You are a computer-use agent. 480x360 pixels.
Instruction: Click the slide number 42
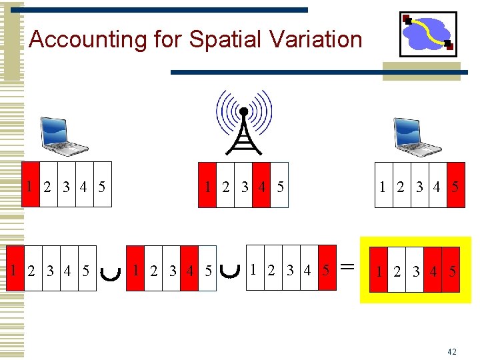pyautogui.click(x=452, y=351)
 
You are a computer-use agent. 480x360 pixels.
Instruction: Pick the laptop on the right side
pyautogui.click(x=415, y=136)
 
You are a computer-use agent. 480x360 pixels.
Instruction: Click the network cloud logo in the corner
pyautogui.click(x=428, y=34)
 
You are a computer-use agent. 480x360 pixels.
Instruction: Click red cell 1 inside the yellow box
pyautogui.click(x=379, y=271)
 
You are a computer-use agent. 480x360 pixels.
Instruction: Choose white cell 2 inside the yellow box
pyautogui.click(x=397, y=271)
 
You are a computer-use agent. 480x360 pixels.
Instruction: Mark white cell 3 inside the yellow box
pyautogui.click(x=415, y=271)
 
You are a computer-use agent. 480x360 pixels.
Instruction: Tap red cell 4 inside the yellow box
pyautogui.click(x=433, y=271)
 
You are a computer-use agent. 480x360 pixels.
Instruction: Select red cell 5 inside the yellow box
pyautogui.click(x=451, y=271)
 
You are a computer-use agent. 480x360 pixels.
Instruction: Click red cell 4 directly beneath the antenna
pyautogui.click(x=262, y=185)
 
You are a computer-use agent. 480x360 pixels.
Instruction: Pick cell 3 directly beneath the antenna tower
pyautogui.click(x=244, y=185)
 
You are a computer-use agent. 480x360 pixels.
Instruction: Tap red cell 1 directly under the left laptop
pyautogui.click(x=31, y=185)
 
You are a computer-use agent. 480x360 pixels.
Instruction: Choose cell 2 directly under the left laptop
pyautogui.click(x=49, y=185)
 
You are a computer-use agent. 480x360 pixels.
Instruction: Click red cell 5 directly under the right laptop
pyautogui.click(x=455, y=185)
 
